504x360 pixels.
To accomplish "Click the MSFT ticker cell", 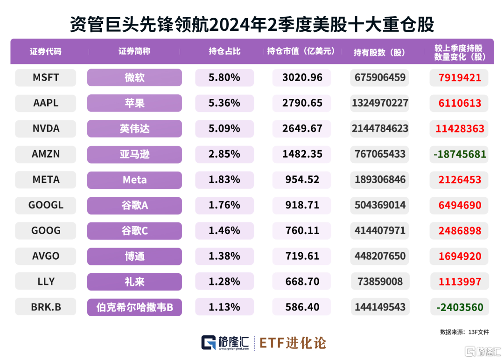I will pyautogui.click(x=46, y=77).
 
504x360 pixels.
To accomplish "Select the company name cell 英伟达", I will pyautogui.click(x=134, y=128).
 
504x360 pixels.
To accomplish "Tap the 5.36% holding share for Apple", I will pyautogui.click(x=224, y=103).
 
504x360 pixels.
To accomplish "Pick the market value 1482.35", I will pyautogui.click(x=302, y=154).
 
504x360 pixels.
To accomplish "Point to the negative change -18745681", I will pyautogui.click(x=460, y=154).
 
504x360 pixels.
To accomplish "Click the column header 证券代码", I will pyautogui.click(x=45, y=52).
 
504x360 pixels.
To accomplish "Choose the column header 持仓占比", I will pyautogui.click(x=224, y=52).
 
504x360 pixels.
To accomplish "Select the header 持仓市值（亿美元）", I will pyautogui.click(x=301, y=52).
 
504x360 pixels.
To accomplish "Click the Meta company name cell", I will pyautogui.click(x=134, y=180).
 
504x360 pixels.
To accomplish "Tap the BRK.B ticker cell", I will pyautogui.click(x=46, y=307).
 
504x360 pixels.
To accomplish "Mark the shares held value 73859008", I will pyautogui.click(x=379, y=282).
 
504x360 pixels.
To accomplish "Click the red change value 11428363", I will pyautogui.click(x=460, y=128).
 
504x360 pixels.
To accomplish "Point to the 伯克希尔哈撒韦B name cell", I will pyautogui.click(x=134, y=307).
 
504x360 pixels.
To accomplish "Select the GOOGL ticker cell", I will pyautogui.click(x=46, y=205).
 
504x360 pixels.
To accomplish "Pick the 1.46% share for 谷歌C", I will pyautogui.click(x=224, y=230).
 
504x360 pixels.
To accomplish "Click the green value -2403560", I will pyautogui.click(x=460, y=307).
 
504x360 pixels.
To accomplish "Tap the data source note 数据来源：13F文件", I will pyautogui.click(x=464, y=332).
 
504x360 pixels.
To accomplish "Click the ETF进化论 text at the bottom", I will pyautogui.click(x=293, y=343).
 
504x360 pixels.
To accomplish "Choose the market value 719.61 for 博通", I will pyautogui.click(x=302, y=256).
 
